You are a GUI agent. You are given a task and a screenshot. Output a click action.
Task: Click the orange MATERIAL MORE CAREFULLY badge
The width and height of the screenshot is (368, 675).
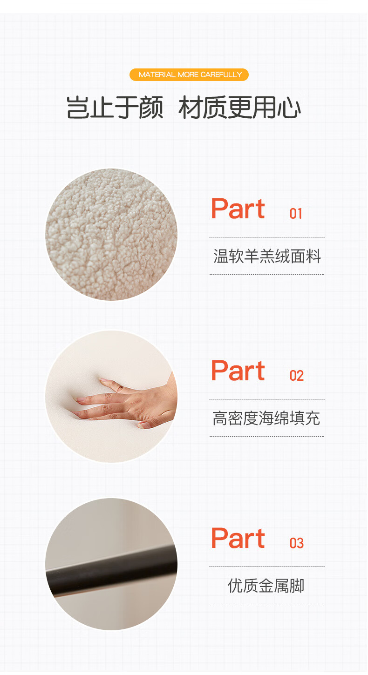coord(189,75)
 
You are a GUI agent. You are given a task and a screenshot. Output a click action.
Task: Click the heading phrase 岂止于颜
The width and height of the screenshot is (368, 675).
coord(115,107)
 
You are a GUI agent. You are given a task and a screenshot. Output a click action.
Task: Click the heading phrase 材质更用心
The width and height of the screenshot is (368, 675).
coord(240,107)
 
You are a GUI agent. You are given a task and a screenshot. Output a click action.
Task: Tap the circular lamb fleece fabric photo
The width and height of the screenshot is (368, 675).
coord(111,235)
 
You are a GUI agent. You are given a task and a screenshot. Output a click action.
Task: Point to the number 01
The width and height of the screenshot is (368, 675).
coord(296,214)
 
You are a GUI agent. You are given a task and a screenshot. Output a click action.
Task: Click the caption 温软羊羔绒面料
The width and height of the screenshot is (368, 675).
coord(267,256)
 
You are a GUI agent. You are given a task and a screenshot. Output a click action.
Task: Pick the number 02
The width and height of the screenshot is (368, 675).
coord(297,376)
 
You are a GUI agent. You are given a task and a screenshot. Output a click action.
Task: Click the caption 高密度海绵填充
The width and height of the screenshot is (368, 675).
coord(266,418)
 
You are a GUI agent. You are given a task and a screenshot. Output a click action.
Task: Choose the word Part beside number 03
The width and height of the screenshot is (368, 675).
coord(238,538)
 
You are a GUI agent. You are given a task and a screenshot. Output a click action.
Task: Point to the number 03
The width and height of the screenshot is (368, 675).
coord(297,543)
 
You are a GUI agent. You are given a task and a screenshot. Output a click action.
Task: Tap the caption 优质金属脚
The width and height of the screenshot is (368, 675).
coord(266,586)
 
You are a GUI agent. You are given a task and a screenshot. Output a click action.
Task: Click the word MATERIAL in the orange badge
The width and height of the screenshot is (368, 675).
coord(157,75)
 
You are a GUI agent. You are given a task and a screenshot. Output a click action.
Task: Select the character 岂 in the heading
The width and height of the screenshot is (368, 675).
coord(78,107)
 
